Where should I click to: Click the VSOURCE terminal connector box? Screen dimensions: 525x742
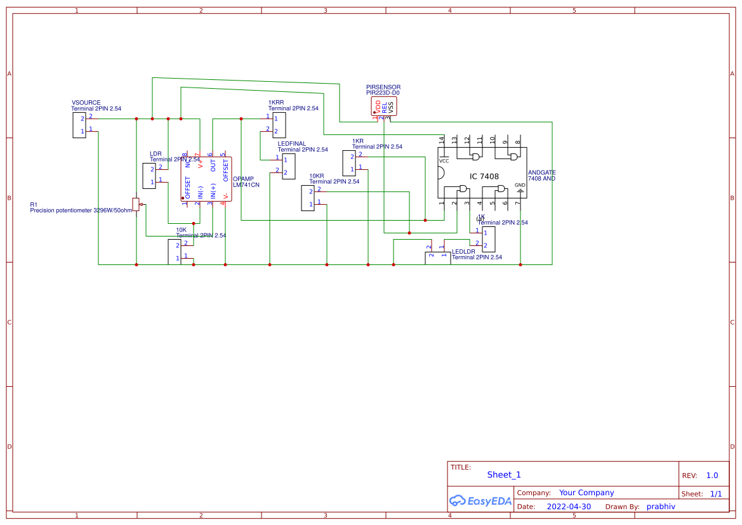pos(79,125)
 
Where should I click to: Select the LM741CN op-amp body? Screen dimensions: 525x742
pos(206,179)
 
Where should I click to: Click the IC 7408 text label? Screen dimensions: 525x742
pos(484,176)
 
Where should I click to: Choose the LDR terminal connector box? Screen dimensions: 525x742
pos(149,176)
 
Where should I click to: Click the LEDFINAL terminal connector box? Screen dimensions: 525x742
pos(289,166)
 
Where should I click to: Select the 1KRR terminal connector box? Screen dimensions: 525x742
pos(279,125)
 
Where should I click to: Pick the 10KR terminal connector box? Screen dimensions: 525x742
pos(307,198)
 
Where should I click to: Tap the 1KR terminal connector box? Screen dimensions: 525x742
pos(349,163)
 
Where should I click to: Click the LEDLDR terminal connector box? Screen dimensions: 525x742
pos(437,258)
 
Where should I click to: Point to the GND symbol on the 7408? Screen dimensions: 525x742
pos(520,186)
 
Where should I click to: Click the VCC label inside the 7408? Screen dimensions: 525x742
pos(444,161)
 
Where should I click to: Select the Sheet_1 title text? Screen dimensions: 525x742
pos(504,475)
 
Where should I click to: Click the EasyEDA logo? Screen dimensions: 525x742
pos(480,501)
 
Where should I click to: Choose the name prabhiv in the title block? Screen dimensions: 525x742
pos(661,507)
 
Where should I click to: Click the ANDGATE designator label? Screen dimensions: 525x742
pos(541,172)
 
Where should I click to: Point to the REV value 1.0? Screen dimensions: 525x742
pos(712,476)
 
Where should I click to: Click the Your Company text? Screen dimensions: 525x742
pos(586,493)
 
